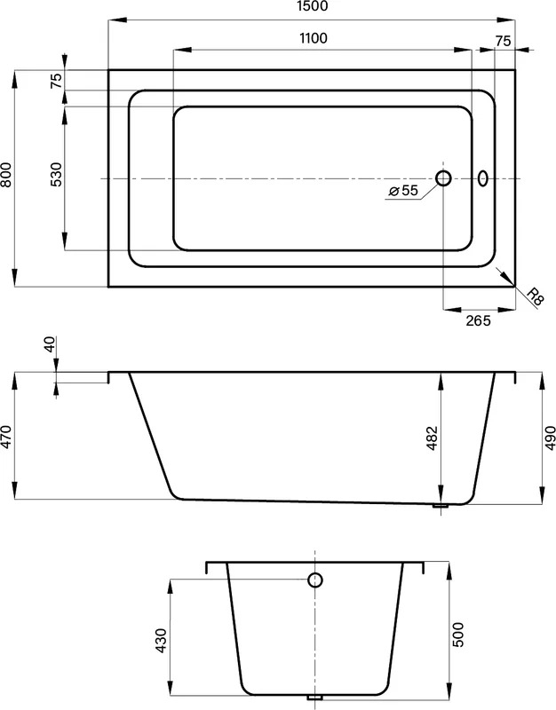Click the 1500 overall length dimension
[314, 6]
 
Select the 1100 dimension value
[314, 38]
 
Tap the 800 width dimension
[6, 175]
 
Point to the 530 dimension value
[56, 175]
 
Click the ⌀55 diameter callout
[403, 191]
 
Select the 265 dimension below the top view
[478, 320]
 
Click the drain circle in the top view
[443, 178]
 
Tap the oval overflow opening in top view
[483, 178]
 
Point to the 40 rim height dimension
[50, 343]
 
